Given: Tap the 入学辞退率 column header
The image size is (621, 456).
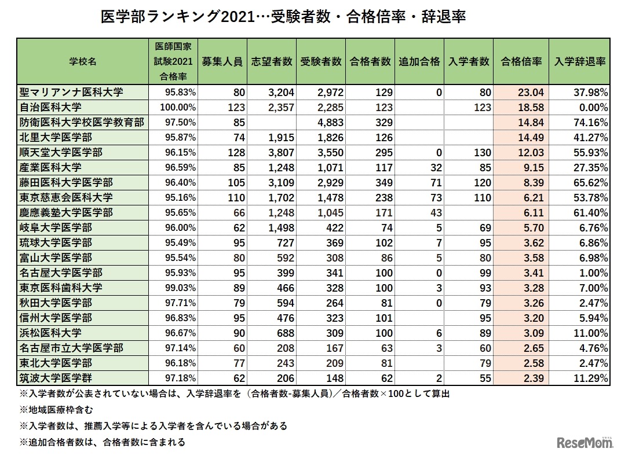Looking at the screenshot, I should pyautogui.click(x=579, y=62).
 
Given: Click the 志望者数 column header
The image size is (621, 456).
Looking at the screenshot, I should pyautogui.click(x=272, y=62).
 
